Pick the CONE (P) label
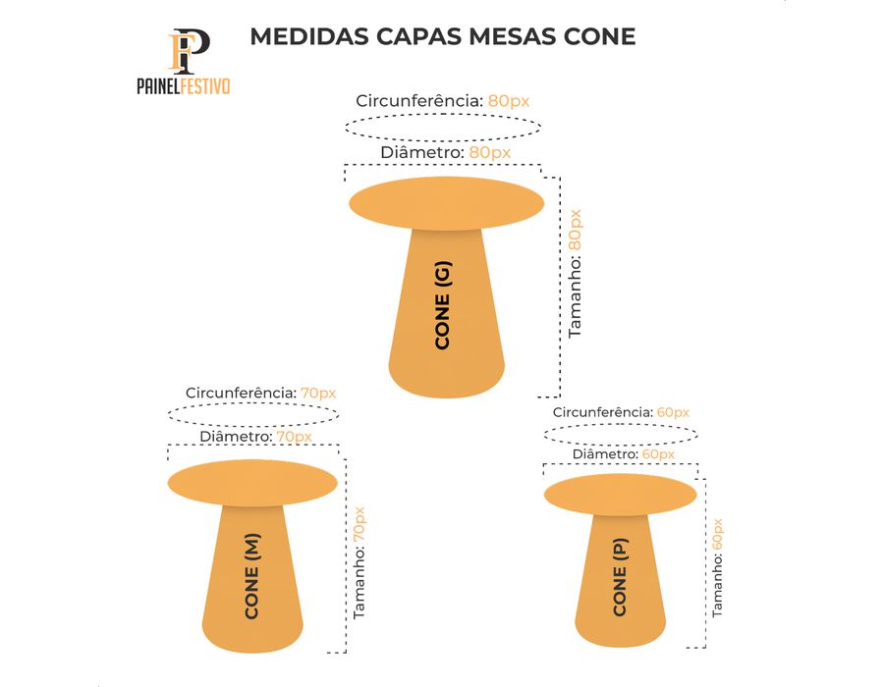(619, 578)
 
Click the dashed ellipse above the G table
(442, 128)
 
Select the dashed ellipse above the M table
(252, 413)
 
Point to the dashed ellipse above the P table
(621, 434)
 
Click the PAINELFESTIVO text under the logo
(184, 86)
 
